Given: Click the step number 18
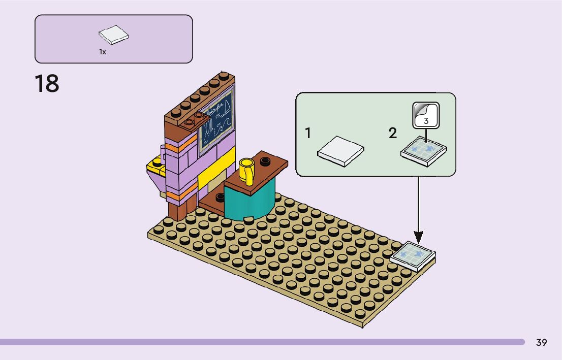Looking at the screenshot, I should coord(47,84).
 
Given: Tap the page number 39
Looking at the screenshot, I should coord(542,343).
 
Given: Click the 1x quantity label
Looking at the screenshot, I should coord(103,52).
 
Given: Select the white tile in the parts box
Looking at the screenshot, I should coord(113,36).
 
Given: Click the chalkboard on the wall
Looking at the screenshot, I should coord(216,119).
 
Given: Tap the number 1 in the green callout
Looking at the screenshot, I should coord(308,134).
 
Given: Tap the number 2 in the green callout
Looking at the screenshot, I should coord(392,134).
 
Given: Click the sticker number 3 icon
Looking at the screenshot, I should coord(426,114).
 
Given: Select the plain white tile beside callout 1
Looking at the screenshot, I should coord(340,150).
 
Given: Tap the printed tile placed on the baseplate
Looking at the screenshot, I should coord(413,255).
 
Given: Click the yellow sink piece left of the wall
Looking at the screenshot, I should coord(155,168).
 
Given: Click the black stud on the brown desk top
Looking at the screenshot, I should coord(265,161).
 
